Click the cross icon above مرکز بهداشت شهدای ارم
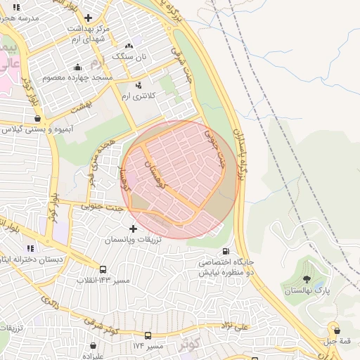(x=87, y=18)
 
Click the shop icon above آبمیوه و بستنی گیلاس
(x=37, y=119)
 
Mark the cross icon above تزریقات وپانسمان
(x=134, y=229)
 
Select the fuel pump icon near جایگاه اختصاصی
(x=225, y=252)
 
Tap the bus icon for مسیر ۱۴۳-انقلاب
(x=103, y=269)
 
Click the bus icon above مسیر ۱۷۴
(x=148, y=335)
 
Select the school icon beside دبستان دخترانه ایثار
(x=30, y=248)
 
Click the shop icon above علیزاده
(x=92, y=346)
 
